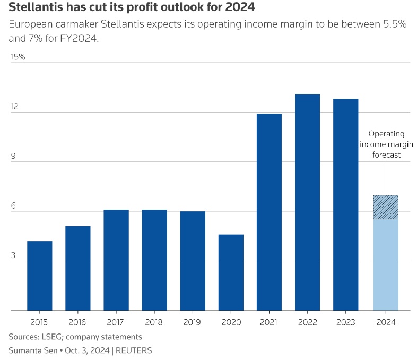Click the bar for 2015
pos(40,276)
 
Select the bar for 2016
pos(78,268)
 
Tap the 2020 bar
pos(231,272)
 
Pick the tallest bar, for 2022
pos(307,202)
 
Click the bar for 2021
pos(269,212)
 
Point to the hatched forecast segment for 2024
pos(386,208)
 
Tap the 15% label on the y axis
pos(18,57)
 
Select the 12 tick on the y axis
pos(14,107)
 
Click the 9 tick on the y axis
pos(14,157)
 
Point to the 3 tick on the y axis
pos(14,256)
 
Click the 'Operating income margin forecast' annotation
pos(386,144)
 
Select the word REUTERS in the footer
pos(134,350)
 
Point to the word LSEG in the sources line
pos(53,337)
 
